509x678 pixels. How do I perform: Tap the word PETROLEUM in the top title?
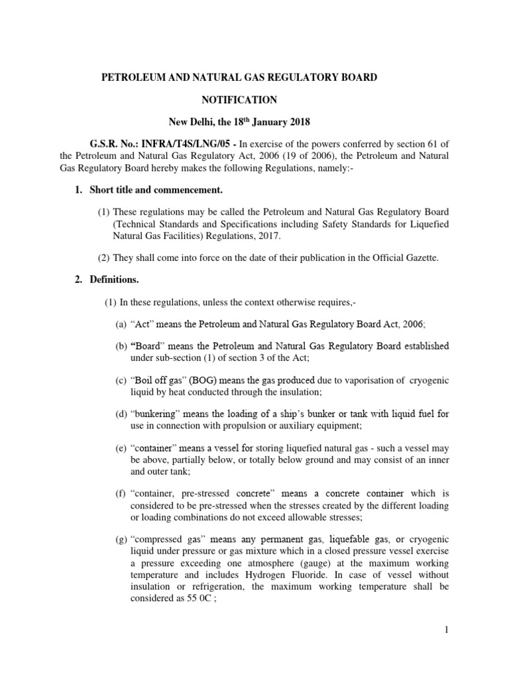[132, 77]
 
